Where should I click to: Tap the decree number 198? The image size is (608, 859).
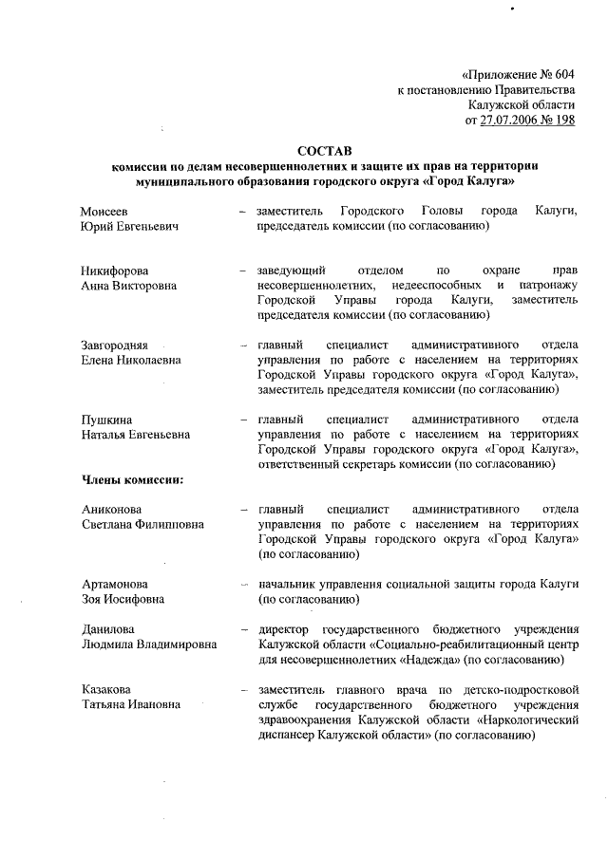pos(564,121)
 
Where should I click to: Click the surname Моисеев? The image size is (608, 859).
pos(104,209)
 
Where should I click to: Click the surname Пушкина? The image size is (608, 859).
pos(106,419)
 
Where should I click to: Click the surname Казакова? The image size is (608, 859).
pos(105,688)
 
